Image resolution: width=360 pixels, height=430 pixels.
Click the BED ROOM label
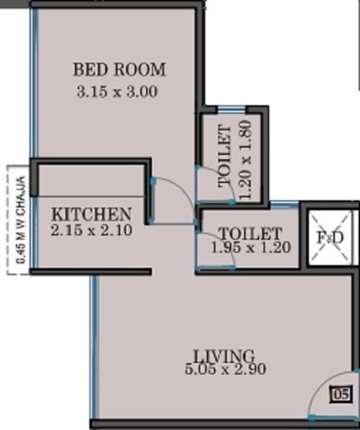tap(119, 69)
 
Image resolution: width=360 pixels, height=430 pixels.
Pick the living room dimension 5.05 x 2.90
tap(223, 373)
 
